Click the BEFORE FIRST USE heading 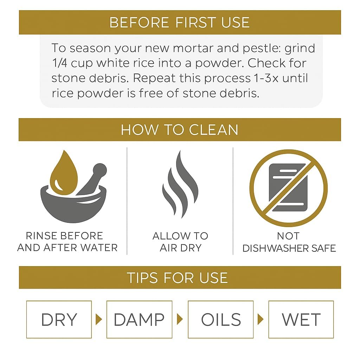(179, 22)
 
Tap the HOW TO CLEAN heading (180, 130)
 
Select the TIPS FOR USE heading (177, 278)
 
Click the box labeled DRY (59, 319)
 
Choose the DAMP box (139, 319)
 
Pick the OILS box (221, 319)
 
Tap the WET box (301, 319)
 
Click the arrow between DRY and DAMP (99, 319)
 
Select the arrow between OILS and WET (261, 319)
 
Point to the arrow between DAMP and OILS (180, 319)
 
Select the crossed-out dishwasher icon (289, 188)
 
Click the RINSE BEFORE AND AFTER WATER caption (67, 242)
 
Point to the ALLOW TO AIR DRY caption (180, 242)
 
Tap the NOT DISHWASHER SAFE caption (289, 242)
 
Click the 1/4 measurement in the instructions (59, 63)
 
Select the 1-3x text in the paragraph (266, 78)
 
